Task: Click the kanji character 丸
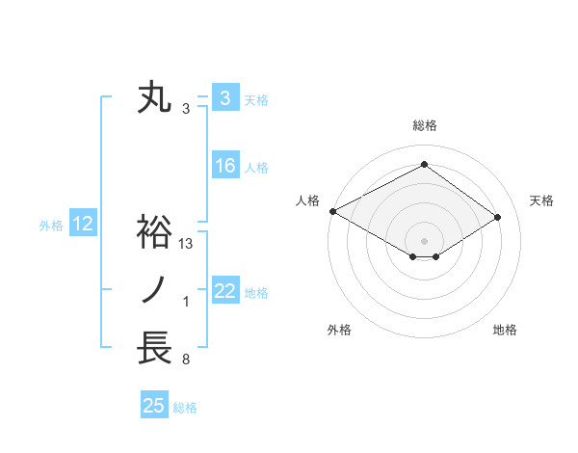[x=155, y=98]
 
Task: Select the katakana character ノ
[x=155, y=290]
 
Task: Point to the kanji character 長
[x=155, y=348]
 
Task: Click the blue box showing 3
[x=224, y=98]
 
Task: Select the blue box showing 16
[x=224, y=166]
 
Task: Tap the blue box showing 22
[x=224, y=291]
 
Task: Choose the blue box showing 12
[x=83, y=225]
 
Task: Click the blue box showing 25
[x=153, y=406]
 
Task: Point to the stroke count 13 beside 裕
[x=187, y=244]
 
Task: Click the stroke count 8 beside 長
[x=185, y=360]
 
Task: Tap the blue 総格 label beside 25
[x=185, y=408]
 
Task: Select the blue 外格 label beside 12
[x=51, y=226]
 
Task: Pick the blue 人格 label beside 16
[x=256, y=168]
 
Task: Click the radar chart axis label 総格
[x=424, y=125]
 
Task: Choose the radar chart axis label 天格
[x=542, y=200]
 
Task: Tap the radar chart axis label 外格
[x=339, y=330]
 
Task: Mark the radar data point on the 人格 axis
[x=332, y=210]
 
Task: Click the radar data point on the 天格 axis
[x=498, y=216]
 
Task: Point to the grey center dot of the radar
[x=424, y=239]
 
